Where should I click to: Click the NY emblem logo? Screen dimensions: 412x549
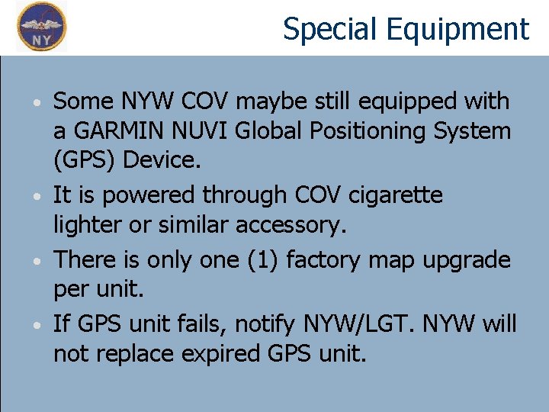tap(42, 27)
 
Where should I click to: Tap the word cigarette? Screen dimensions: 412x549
tap(395, 195)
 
